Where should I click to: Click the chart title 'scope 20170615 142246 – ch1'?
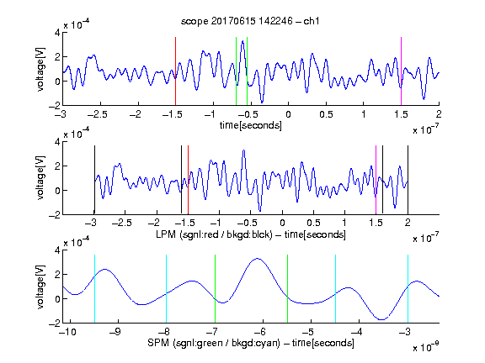pos(250,21)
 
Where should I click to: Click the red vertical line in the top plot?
pos(176,71)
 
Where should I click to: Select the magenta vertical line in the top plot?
pos(401,71)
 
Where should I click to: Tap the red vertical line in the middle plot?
pos(188,180)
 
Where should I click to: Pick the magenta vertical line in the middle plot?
pos(376,180)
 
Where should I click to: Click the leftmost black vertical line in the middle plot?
pos(94,180)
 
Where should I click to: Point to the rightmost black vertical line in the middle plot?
pos(408,180)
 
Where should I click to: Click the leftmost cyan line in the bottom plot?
pos(94,289)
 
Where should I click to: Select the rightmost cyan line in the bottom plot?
pos(408,289)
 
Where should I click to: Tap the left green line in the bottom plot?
pos(215,289)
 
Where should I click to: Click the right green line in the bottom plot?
pos(287,289)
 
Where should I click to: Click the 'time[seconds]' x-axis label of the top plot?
pos(251,125)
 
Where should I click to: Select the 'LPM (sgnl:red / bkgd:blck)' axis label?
pos(214,234)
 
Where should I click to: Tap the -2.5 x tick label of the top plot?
pos(98,114)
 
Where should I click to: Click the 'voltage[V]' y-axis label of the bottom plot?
pos(40,287)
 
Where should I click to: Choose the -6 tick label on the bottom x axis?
pos(260,332)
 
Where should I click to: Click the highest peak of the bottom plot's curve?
pos(258,259)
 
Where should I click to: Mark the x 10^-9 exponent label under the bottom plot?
pos(425,347)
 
